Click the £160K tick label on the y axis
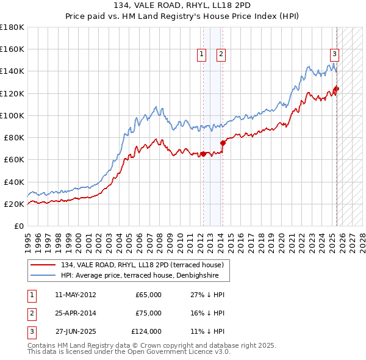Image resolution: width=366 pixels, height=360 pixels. point(12,49)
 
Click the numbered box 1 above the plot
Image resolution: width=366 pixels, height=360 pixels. point(201,54)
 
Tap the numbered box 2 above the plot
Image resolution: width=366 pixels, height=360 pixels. point(220,54)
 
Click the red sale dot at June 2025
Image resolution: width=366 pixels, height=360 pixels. point(337,89)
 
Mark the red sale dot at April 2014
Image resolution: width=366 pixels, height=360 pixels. point(223,143)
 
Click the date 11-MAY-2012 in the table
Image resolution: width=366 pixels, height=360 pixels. point(75,295)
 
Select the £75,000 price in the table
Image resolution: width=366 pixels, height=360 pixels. point(148,313)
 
